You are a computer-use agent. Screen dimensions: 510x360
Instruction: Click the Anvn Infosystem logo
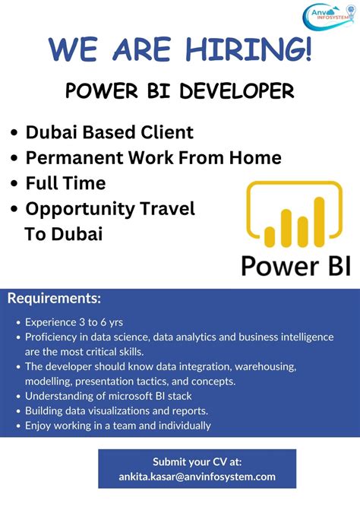(329, 17)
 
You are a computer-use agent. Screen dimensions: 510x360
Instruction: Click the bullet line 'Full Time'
(65, 183)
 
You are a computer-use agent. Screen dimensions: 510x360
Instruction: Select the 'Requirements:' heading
(54, 298)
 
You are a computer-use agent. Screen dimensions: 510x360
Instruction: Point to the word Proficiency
(52, 337)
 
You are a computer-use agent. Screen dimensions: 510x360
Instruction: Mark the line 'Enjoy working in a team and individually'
(118, 426)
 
